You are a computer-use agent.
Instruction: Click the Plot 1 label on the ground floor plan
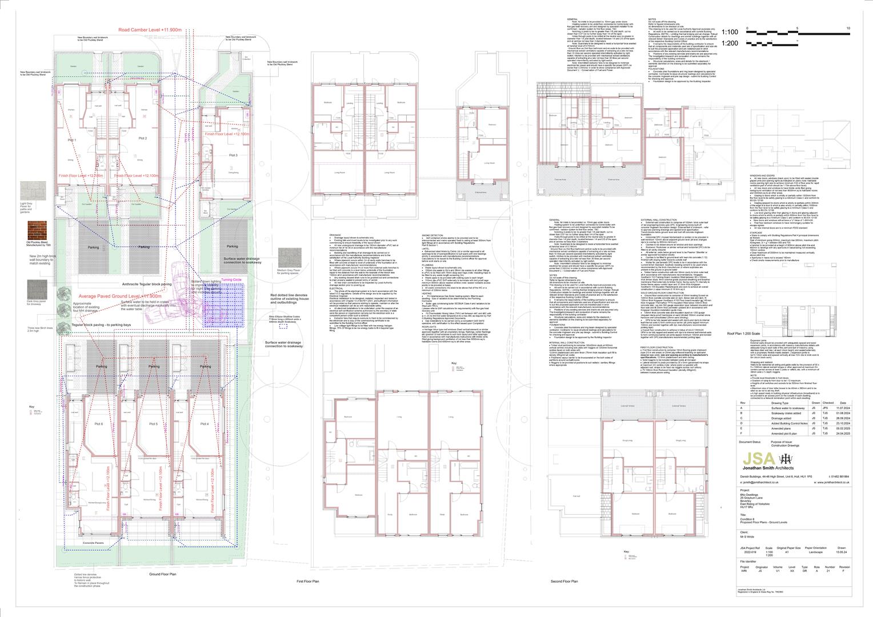pyautogui.click(x=72, y=139)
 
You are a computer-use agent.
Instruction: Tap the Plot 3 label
pyautogui.click(x=233, y=155)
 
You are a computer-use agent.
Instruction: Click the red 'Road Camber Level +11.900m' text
pyautogui.click(x=150, y=29)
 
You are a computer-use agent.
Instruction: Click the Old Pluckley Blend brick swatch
pyautogui.click(x=37, y=231)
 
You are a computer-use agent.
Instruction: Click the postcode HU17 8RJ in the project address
pyautogui.click(x=747, y=509)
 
